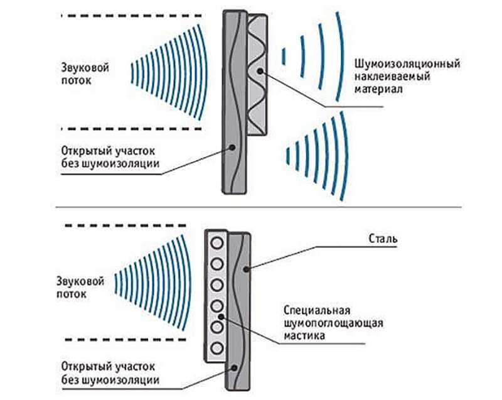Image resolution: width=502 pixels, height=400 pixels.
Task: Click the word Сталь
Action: [x=383, y=239]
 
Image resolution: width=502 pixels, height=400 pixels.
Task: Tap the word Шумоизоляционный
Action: [x=407, y=64]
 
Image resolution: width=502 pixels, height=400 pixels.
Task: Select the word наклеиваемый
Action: [x=392, y=77]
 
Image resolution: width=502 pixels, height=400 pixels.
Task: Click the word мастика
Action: [x=304, y=335]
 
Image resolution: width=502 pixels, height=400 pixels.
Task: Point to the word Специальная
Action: [x=317, y=310]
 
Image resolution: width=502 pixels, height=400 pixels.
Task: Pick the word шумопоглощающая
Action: [x=333, y=323]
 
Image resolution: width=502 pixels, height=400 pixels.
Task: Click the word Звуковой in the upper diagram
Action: [x=85, y=68]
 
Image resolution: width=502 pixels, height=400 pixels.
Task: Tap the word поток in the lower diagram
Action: [x=72, y=294]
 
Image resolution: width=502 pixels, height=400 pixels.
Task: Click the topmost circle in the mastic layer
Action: [x=216, y=244]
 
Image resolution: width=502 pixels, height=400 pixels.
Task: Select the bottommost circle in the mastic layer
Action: [x=216, y=348]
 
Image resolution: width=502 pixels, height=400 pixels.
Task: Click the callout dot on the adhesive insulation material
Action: [x=260, y=71]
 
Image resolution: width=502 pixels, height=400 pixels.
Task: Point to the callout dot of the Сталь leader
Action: [x=246, y=269]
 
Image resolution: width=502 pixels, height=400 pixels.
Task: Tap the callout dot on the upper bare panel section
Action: [x=232, y=148]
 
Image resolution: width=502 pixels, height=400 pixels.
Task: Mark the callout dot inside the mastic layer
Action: [x=221, y=316]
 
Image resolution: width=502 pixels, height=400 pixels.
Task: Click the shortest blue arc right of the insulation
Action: [x=284, y=57]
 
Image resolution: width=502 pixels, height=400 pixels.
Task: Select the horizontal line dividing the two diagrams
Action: [x=259, y=207]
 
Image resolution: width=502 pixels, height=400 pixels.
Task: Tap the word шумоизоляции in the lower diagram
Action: [x=120, y=380]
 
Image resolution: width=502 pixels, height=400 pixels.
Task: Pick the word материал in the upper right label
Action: [x=378, y=89]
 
